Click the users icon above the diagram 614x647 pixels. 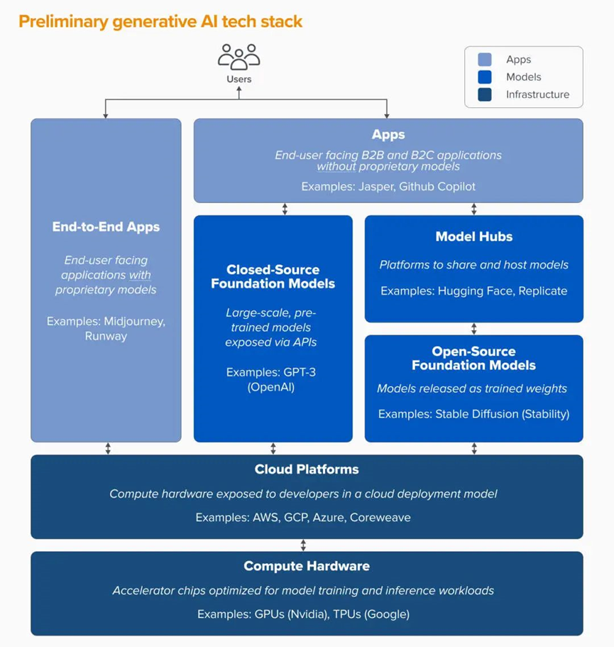click(239, 56)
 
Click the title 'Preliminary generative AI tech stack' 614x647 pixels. click(160, 21)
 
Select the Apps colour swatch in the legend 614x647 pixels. click(485, 60)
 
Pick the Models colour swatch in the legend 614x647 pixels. click(485, 77)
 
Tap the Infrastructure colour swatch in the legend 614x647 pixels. click(485, 94)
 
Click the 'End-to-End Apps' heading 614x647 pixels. click(106, 227)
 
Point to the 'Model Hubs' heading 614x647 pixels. click(473, 236)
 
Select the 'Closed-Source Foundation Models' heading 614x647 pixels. click(273, 276)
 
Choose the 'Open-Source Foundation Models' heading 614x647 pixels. click(473, 359)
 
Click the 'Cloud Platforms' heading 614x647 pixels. click(307, 469)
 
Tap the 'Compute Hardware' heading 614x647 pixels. click(307, 566)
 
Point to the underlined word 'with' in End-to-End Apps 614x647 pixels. click(139, 275)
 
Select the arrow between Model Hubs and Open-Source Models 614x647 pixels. click(474, 329)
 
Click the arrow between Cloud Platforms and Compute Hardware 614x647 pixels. click(304, 545)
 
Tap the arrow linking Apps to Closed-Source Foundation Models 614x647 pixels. click(285, 209)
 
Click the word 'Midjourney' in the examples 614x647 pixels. click(135, 321)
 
